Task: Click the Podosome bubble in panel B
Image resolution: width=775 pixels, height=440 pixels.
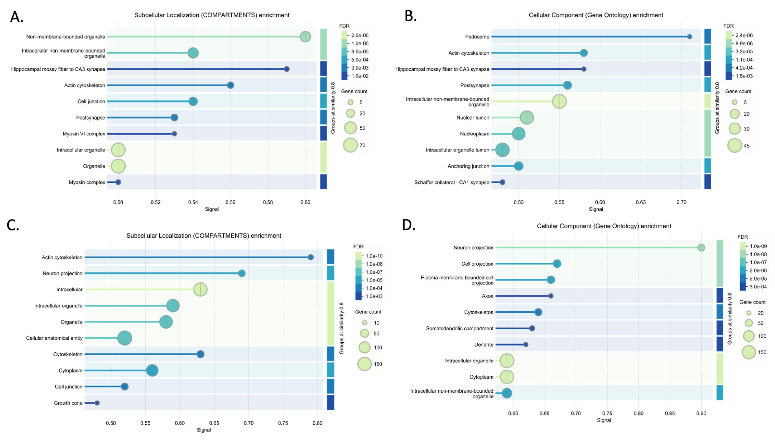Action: click(690, 37)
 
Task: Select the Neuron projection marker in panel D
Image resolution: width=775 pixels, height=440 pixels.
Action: click(701, 247)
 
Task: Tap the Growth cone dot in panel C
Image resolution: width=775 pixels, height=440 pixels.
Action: click(97, 403)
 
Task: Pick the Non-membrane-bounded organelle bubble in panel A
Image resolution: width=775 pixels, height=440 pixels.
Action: click(305, 37)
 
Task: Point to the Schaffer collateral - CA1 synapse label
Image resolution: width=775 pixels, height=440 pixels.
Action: click(452, 182)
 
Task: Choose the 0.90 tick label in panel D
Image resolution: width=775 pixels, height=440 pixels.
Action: click(701, 413)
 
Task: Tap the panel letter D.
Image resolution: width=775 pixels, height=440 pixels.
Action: click(409, 225)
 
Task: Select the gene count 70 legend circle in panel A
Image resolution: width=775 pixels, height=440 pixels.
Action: click(350, 145)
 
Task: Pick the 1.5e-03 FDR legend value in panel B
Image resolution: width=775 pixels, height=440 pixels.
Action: click(744, 76)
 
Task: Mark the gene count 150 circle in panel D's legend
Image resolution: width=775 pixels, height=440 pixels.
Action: click(749, 352)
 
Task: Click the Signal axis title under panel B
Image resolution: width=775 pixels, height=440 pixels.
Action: click(596, 209)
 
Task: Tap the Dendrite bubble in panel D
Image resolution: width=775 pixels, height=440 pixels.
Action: click(526, 345)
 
